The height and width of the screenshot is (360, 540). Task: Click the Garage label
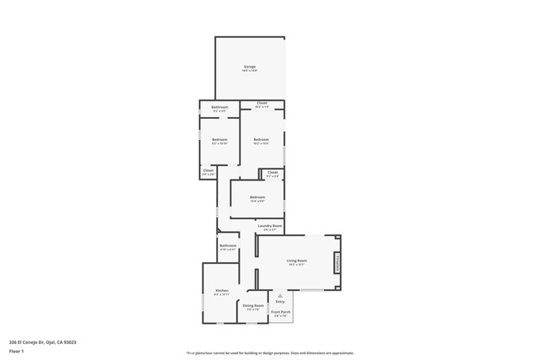tap(250, 67)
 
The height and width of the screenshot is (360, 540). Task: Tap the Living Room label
tap(296, 261)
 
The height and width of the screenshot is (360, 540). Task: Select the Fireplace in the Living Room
tap(337, 263)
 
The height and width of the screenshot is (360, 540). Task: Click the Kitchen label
tap(221, 291)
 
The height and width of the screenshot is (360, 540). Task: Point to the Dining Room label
tap(253, 306)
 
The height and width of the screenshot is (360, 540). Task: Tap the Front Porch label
tap(280, 312)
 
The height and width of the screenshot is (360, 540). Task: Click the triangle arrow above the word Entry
tap(280, 296)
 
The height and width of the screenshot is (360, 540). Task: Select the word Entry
tap(280, 302)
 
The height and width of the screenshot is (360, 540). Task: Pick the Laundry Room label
tap(270, 226)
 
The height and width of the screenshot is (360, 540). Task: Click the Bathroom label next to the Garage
tap(219, 107)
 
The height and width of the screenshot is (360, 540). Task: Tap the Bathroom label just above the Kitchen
tap(228, 246)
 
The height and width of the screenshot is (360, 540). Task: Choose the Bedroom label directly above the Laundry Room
tap(257, 197)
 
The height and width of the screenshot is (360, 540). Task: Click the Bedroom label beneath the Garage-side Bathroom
tap(219, 139)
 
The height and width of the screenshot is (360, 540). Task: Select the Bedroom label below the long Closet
tap(262, 139)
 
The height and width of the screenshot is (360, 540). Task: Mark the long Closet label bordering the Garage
tap(262, 103)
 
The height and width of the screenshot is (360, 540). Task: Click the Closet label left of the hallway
tap(208, 170)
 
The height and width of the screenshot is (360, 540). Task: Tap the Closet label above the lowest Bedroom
tap(272, 172)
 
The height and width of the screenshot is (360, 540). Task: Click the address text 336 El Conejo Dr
tap(42, 342)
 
